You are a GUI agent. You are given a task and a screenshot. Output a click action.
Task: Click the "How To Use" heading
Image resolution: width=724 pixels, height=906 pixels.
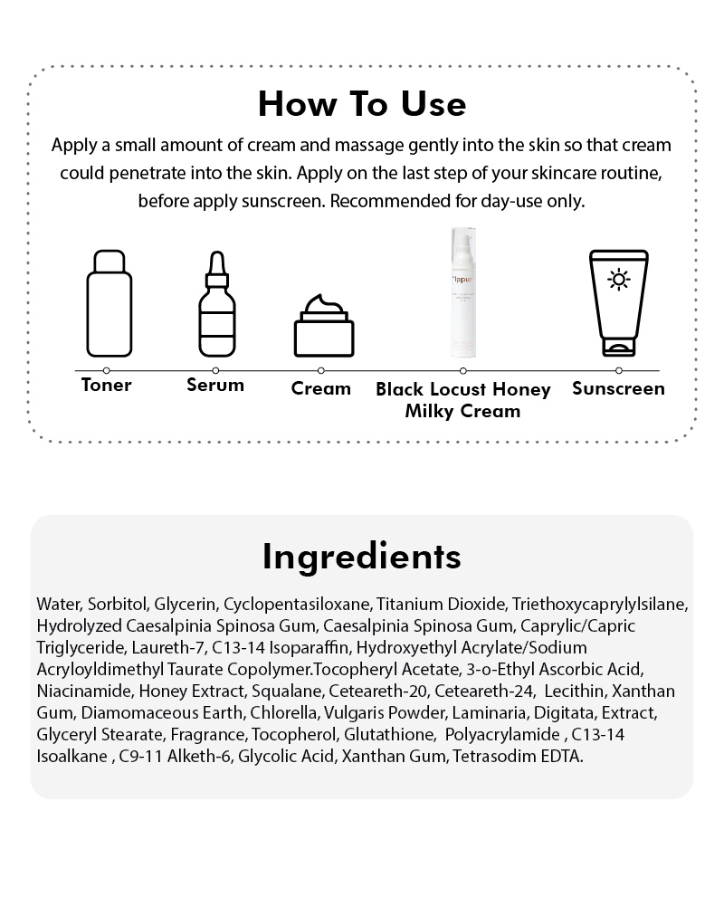tap(362, 104)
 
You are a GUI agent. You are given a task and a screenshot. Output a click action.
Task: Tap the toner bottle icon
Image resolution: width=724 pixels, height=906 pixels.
tap(109, 303)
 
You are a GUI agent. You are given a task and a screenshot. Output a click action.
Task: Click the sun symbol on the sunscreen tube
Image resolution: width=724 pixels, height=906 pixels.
tap(619, 279)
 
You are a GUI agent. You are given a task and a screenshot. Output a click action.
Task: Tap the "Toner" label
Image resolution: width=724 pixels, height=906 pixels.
tap(107, 386)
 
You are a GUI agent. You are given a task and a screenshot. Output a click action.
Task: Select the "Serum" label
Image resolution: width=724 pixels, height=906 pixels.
tap(215, 386)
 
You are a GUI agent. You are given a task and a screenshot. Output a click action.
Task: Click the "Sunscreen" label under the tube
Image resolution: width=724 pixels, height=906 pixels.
tap(619, 389)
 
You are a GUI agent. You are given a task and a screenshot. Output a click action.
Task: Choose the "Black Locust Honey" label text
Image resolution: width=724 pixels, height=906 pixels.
tap(463, 390)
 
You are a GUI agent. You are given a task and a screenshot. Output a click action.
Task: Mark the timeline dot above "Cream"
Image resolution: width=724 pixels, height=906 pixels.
tap(321, 370)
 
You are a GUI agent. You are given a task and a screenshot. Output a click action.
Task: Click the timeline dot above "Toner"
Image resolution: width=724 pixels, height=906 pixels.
tap(107, 370)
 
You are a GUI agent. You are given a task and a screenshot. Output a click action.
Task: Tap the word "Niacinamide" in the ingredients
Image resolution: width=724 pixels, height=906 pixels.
tap(83, 691)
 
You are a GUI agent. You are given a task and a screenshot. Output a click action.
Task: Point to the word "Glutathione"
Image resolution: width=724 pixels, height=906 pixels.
tap(372, 734)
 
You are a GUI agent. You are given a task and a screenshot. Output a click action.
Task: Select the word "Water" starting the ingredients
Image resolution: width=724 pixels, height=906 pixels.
tap(58, 604)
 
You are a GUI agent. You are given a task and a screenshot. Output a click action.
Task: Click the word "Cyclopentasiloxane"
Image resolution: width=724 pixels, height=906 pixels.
tap(297, 604)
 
